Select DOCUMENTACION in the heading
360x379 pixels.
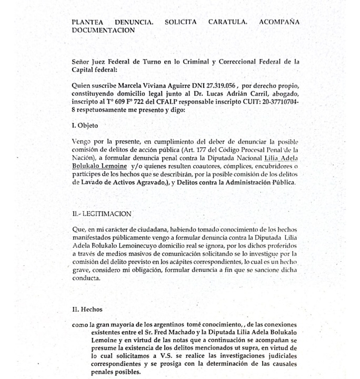(x=103, y=30)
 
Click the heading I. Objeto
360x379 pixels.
(x=85, y=126)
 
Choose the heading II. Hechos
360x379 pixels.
(x=87, y=309)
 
